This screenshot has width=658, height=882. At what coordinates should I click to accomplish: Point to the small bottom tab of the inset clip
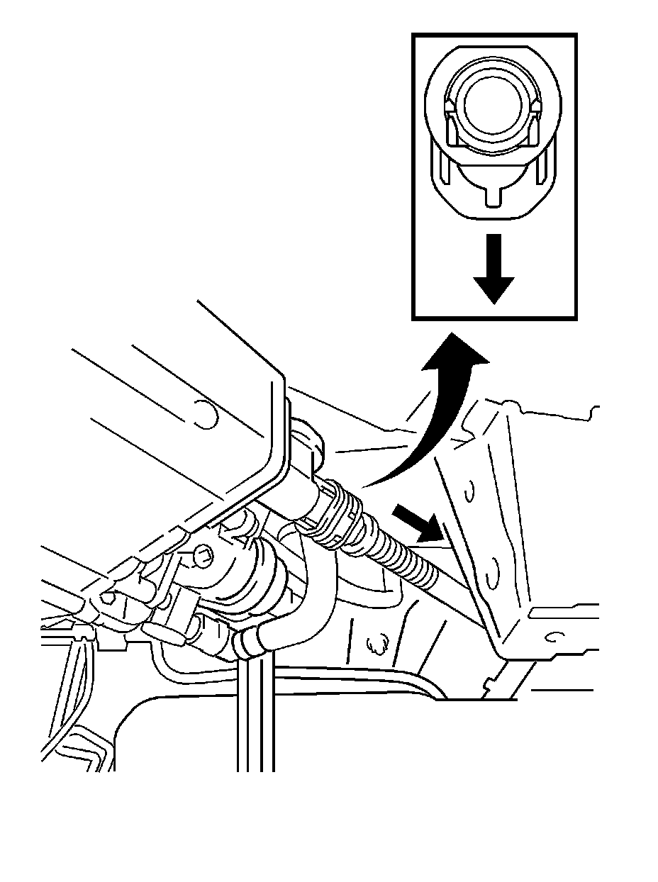pyautogui.click(x=493, y=196)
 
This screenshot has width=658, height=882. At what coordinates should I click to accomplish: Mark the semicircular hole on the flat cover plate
pyautogui.click(x=204, y=415)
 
